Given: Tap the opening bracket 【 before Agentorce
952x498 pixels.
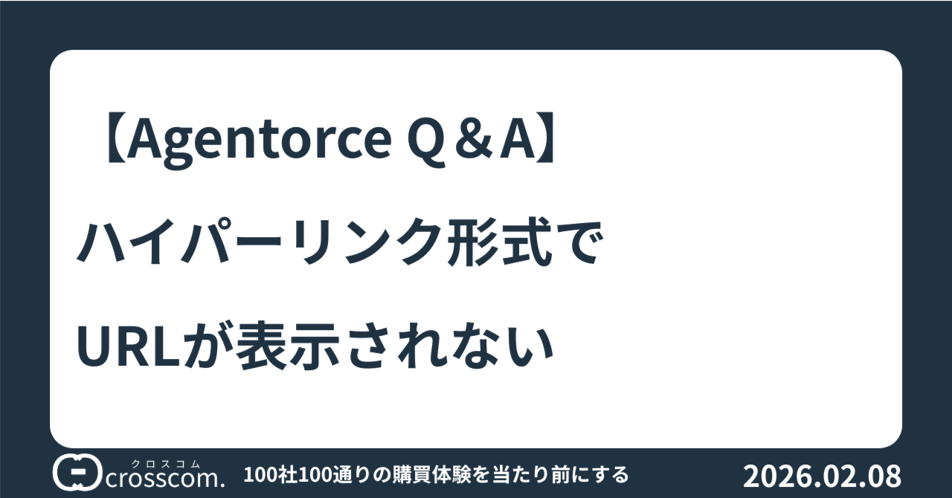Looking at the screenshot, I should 105,139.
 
